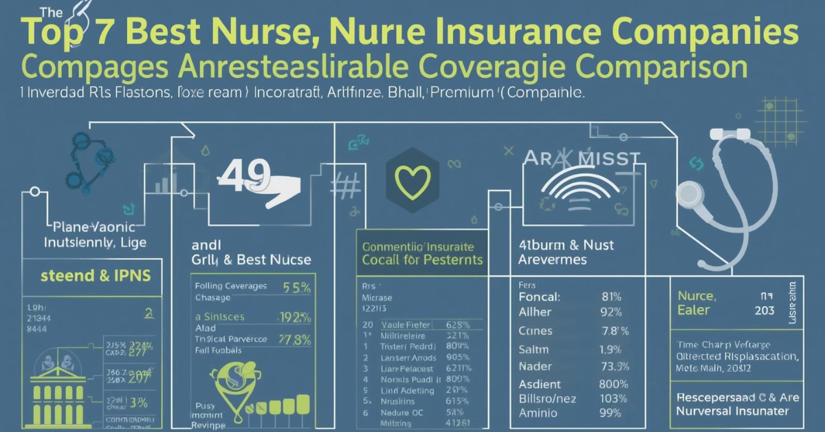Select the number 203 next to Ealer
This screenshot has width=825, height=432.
coord(764,310)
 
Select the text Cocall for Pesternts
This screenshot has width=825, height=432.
coord(423,260)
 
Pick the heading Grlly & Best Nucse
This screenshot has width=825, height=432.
coord(251,260)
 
